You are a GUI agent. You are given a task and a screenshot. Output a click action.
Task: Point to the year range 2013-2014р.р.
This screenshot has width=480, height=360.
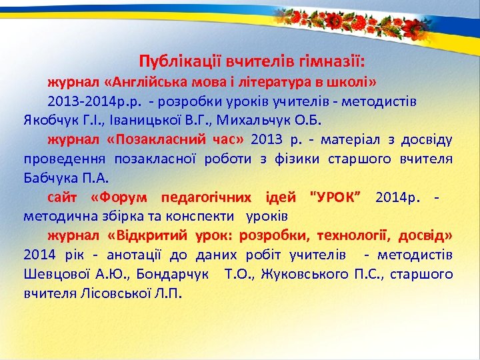point(93,102)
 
